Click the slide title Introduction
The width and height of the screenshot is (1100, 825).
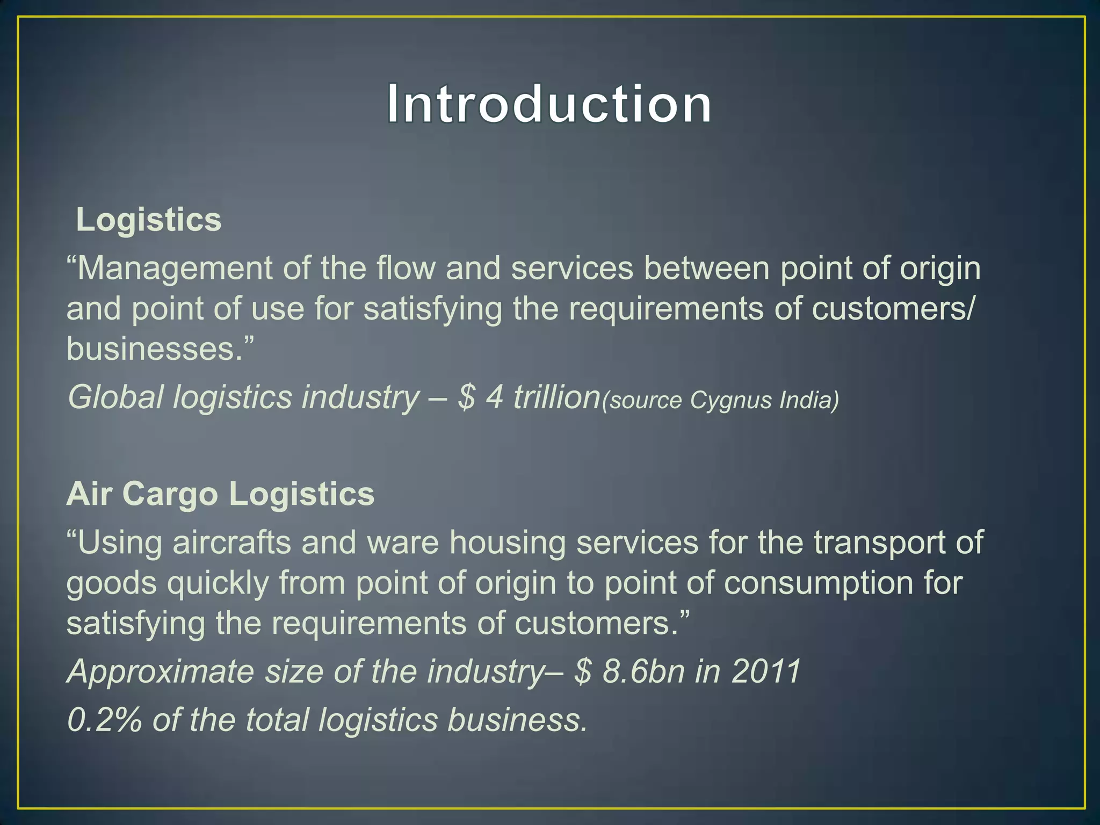(x=549, y=104)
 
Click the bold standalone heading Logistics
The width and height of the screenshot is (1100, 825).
(x=148, y=220)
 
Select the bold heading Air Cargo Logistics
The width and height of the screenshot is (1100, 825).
(x=220, y=494)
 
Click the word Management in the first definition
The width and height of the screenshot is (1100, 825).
(x=175, y=269)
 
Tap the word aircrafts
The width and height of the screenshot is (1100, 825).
(x=231, y=542)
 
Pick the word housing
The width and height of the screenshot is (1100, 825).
(x=508, y=542)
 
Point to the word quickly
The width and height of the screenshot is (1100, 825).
(x=218, y=584)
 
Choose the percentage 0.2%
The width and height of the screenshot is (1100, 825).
(x=105, y=720)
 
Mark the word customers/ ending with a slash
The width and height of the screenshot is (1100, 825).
(x=892, y=309)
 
